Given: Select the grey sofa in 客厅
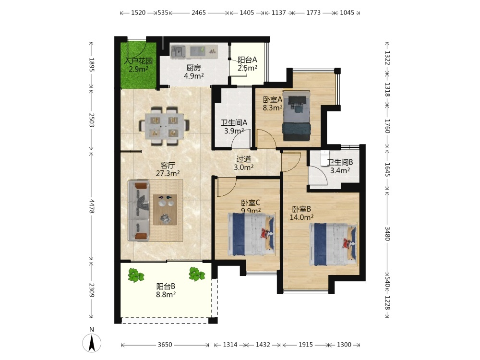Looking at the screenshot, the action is tap(139, 210).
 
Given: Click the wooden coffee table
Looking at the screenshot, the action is tap(165, 210).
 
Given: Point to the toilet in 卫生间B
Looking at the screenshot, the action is tap(324, 158).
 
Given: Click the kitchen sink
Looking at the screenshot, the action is tap(178, 51).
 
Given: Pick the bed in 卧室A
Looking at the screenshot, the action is tap(297, 116).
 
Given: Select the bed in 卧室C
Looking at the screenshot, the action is tap(252, 234).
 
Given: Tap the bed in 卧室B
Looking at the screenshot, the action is tap(334, 245).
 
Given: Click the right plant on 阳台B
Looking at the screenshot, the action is tap(196, 274).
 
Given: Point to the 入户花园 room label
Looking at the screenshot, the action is tap(138, 61).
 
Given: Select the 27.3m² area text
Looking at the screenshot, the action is tap(168, 173).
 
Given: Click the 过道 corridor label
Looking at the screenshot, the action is tap(244, 159).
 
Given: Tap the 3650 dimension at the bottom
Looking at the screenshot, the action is tap(165, 345).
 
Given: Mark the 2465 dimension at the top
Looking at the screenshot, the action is tap(199, 12).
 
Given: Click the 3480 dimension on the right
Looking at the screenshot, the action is tap(387, 234).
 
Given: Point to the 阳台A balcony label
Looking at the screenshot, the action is tap(247, 60).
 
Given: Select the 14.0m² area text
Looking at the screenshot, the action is tap(301, 217).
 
